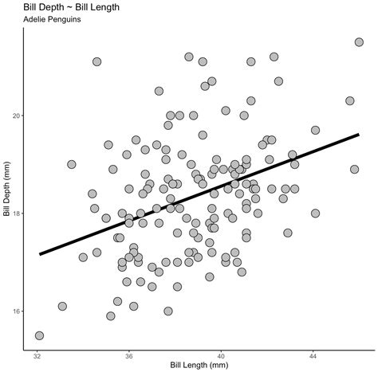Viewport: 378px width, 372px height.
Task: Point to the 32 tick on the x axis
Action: click(x=37, y=356)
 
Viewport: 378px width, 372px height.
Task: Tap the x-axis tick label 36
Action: click(x=129, y=356)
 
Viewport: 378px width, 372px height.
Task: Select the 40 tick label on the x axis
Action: click(x=222, y=356)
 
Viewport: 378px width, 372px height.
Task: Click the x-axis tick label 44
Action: click(x=313, y=356)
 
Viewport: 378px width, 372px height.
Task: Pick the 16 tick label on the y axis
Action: click(x=18, y=311)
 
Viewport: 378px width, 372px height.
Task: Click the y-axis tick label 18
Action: click(x=18, y=213)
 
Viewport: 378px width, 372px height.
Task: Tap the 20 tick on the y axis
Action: click(x=18, y=116)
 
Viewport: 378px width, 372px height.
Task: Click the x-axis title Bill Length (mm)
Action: click(x=198, y=366)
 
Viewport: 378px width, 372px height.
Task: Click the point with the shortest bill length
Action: click(x=39, y=335)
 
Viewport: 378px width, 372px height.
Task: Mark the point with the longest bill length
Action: click(x=359, y=42)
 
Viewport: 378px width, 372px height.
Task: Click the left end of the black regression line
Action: click(x=40, y=254)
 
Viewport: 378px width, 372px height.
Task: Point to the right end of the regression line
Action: click(x=359, y=135)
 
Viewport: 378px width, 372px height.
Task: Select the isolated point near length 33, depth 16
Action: click(x=62, y=306)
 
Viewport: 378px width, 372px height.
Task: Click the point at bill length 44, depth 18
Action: click(x=315, y=213)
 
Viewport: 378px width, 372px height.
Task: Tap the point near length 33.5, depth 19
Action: click(x=72, y=164)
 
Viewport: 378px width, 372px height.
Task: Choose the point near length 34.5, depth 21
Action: click(x=96, y=61)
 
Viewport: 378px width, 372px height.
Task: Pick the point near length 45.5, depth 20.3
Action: click(x=349, y=100)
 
